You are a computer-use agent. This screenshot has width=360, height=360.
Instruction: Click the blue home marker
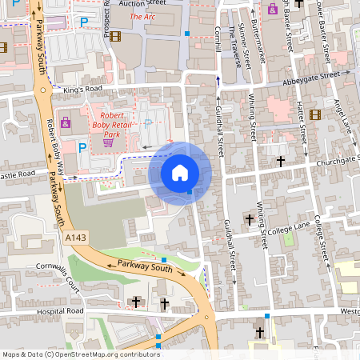click(x=180, y=172)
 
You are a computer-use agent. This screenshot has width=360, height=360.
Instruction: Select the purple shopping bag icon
click(x=65, y=123)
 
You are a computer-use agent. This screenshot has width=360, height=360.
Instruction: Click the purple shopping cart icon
click(x=106, y=143)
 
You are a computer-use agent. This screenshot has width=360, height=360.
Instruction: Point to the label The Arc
click(x=142, y=16)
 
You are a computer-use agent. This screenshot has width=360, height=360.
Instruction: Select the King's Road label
click(x=79, y=91)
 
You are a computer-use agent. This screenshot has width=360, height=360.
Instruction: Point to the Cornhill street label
click(x=218, y=38)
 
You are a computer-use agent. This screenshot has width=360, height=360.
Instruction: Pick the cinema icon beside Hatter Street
click(x=314, y=114)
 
